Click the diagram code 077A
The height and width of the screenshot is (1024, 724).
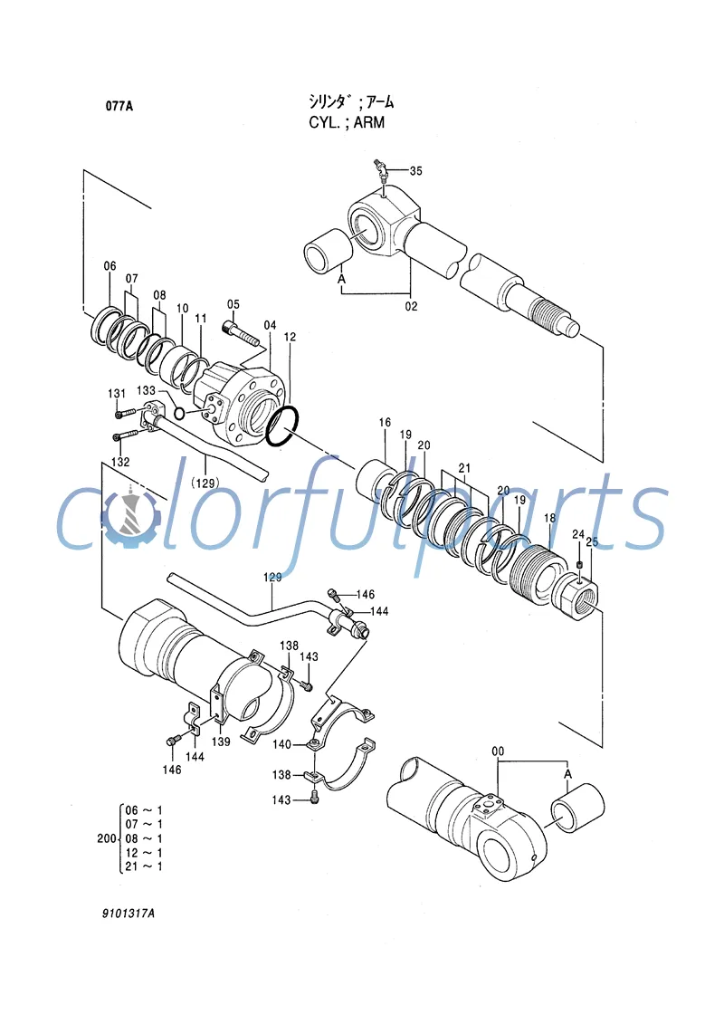pos(119,106)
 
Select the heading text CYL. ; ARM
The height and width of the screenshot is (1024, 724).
pos(347,121)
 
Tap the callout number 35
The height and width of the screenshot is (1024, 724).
pos(415,170)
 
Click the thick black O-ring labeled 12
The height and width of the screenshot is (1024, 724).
pos(282,426)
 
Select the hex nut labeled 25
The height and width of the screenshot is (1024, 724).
pos(582,598)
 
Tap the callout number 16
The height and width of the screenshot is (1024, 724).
pos(385,423)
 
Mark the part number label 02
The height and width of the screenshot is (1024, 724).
pos(411,306)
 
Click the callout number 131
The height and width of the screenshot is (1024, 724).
pos(117,393)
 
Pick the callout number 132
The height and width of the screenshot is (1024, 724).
pos(119,462)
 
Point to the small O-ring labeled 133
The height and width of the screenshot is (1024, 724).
pos(179,414)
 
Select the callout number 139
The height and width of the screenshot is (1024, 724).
pos(221,742)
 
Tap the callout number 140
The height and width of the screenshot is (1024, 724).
pos(282,744)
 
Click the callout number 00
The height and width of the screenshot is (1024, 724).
pos(498,751)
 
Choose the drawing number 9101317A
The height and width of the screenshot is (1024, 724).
pos(128,914)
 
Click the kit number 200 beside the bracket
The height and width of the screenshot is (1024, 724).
pos(106,838)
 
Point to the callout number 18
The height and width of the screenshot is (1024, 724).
pos(548,517)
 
